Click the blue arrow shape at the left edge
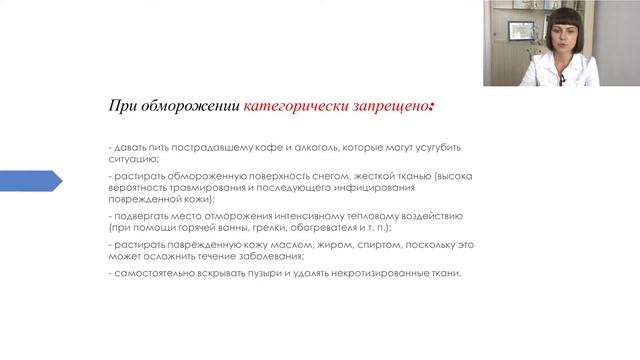30,181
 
